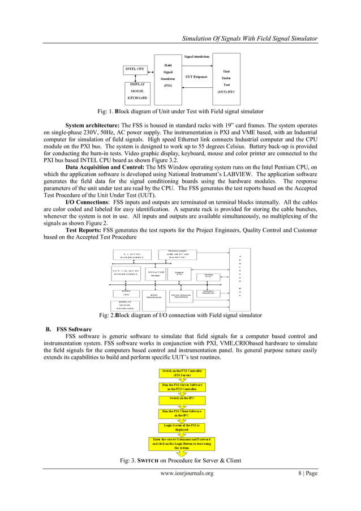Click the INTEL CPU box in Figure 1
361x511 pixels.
tap(134, 70)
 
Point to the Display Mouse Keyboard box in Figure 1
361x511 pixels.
tap(137, 91)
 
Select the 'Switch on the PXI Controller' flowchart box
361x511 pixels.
tap(182, 373)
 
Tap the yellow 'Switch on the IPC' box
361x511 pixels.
tap(182, 398)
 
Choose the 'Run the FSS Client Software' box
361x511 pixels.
tap(182, 413)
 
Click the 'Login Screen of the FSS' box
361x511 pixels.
tap(182, 427)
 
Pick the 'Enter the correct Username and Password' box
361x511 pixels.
tap(182, 442)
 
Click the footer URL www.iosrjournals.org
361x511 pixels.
tap(187, 473)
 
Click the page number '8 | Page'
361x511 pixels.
tap(308, 473)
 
